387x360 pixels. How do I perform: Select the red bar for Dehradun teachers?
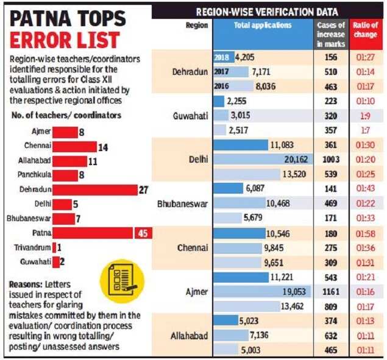[x=94, y=189]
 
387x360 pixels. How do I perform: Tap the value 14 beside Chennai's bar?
[x=104, y=146]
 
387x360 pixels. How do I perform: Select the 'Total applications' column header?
[x=263, y=26]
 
